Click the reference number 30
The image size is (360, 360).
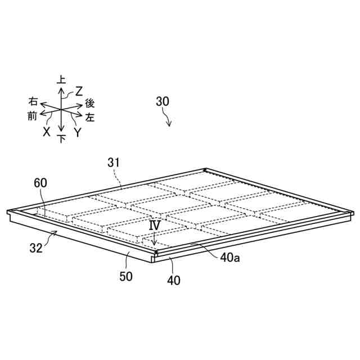tap(163, 102)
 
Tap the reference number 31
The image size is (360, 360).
tap(114, 162)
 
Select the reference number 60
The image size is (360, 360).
tap(40, 183)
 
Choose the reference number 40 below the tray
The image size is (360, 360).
tap(174, 279)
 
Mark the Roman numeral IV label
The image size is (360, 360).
tap(155, 224)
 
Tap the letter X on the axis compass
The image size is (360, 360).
tap(47, 132)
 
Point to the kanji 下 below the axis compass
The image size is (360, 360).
tap(61, 138)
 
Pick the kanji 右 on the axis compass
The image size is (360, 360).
tap(33, 101)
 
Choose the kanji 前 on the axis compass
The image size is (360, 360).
tap(32, 116)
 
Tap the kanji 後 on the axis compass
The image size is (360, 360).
tap(90, 103)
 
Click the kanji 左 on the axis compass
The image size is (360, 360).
tap(90, 118)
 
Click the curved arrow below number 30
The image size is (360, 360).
tap(167, 118)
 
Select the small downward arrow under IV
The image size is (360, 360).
tap(155, 236)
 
